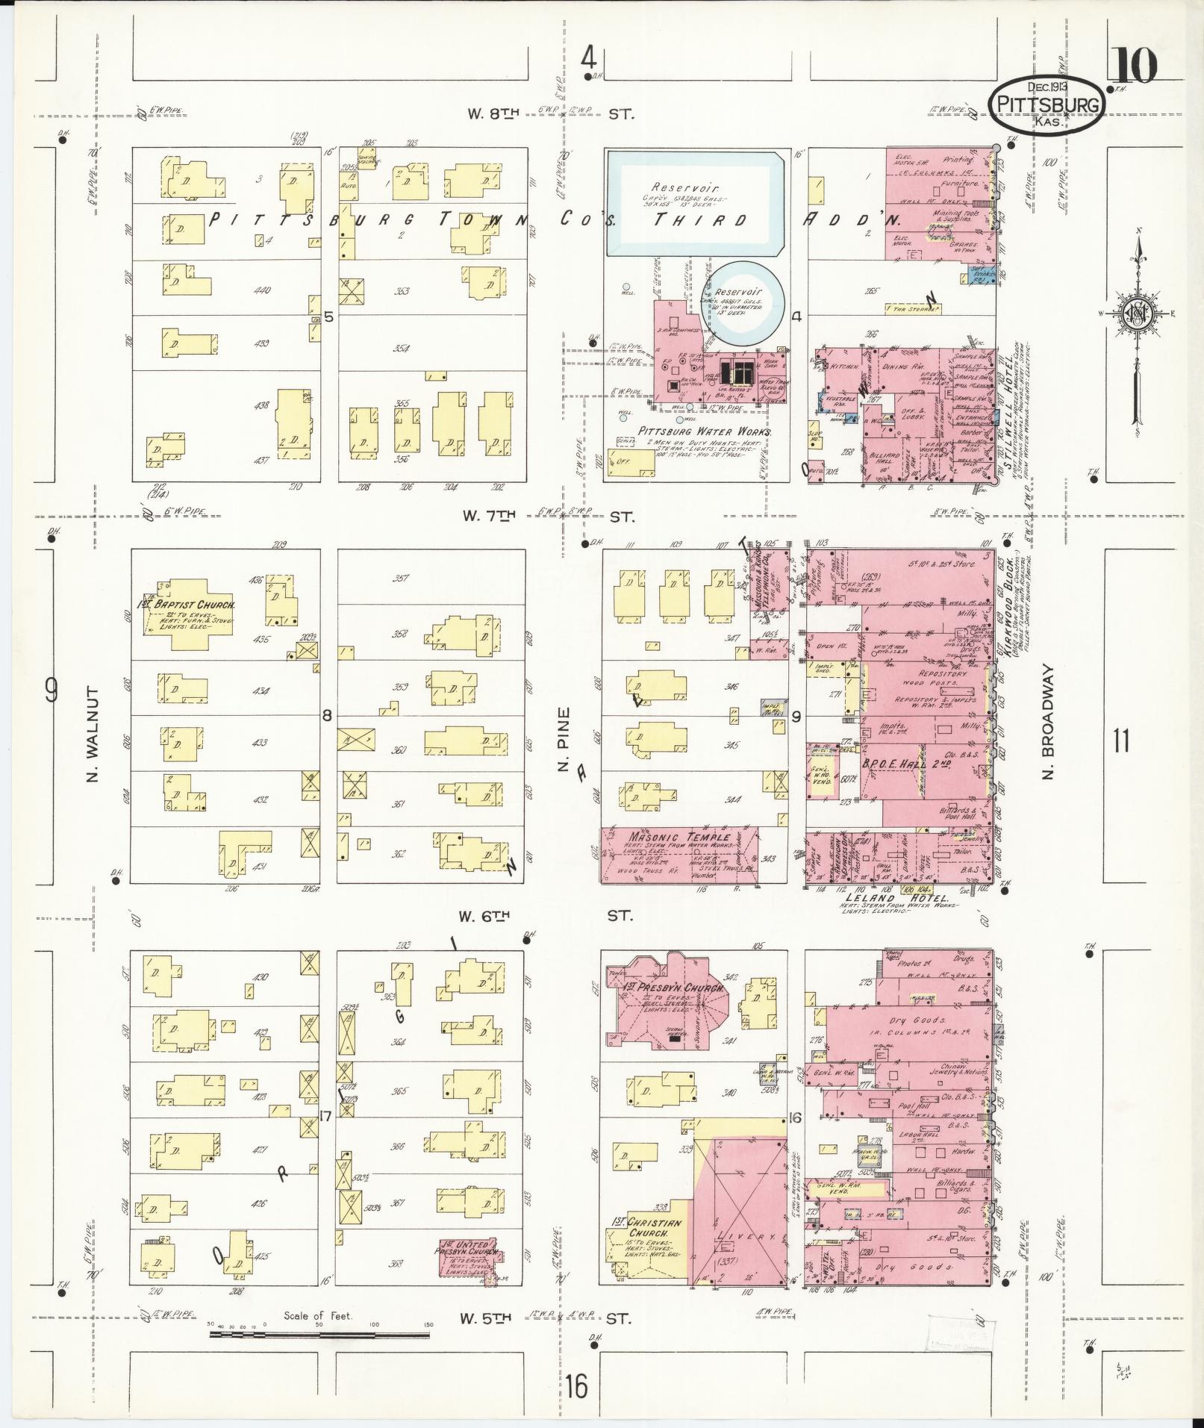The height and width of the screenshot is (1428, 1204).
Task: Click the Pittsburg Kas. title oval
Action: click(1049, 105)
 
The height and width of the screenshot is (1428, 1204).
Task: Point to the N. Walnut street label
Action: click(93, 735)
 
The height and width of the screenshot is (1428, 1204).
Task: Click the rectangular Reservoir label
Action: click(675, 187)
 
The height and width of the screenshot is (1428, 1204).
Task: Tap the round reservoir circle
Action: click(748, 299)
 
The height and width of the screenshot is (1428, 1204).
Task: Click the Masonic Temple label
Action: click(681, 837)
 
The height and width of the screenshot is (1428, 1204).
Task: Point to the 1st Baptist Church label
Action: click(188, 605)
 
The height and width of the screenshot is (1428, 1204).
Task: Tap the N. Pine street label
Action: click(564, 739)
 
